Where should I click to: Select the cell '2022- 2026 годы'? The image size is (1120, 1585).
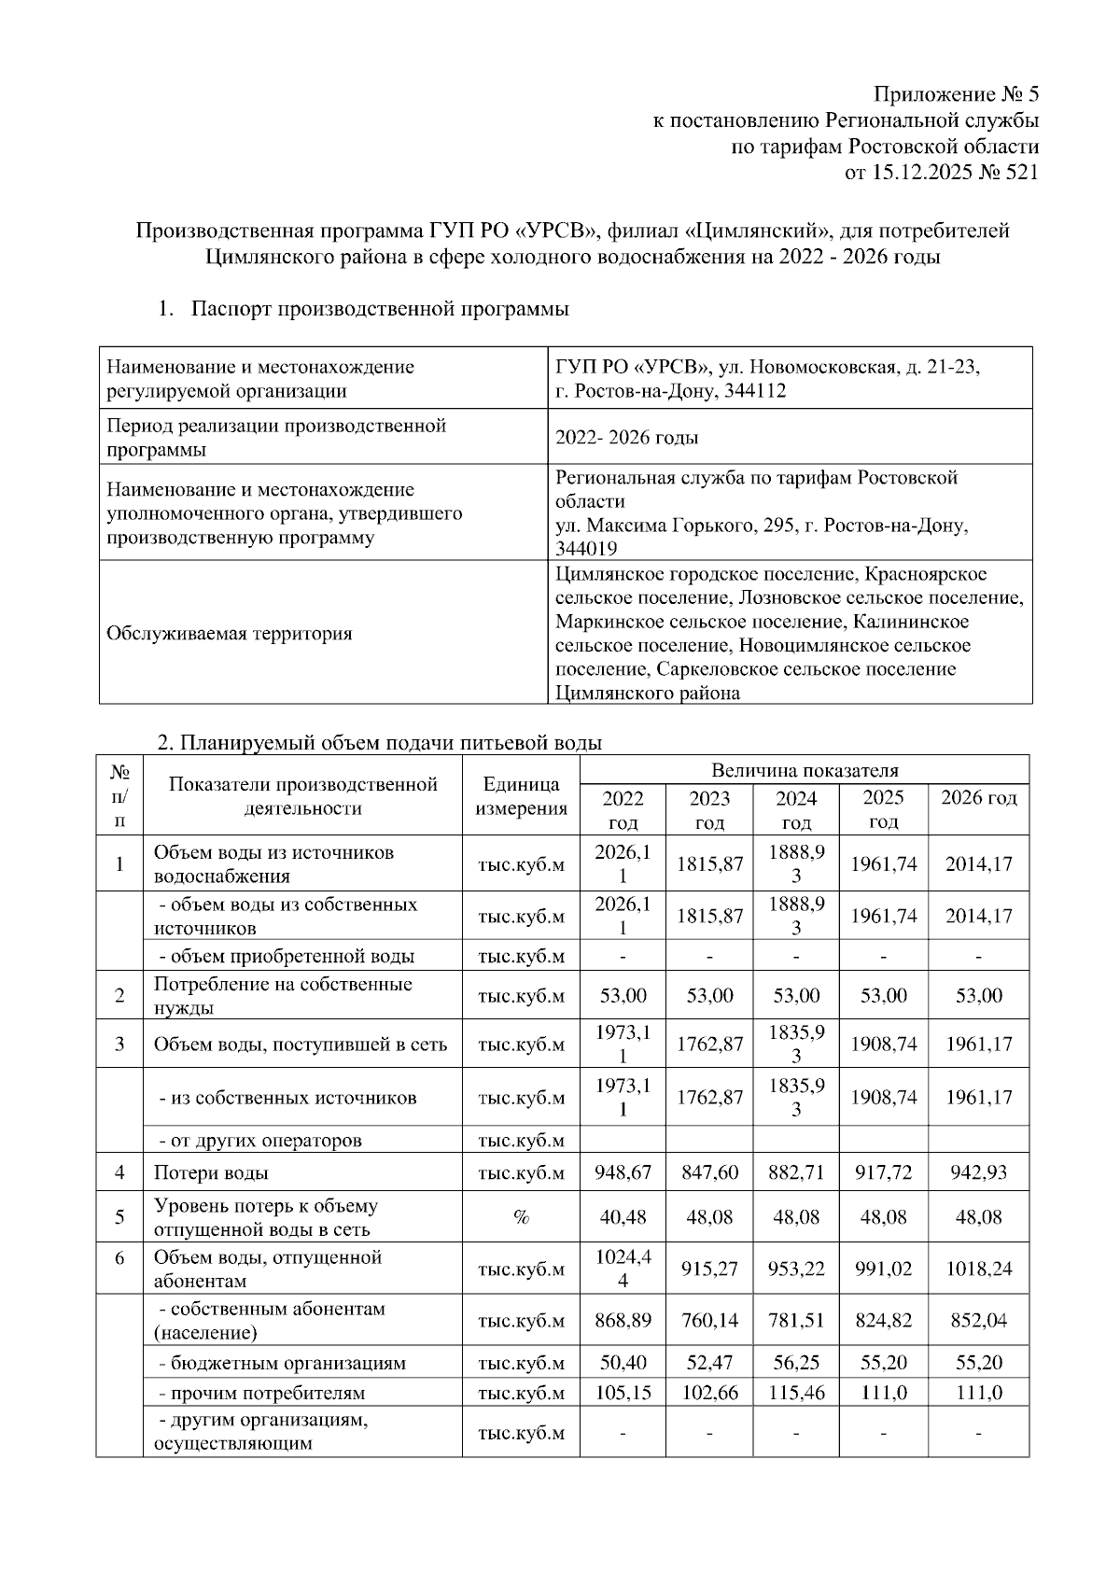[x=626, y=438]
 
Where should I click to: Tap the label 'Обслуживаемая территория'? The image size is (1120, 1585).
[x=230, y=634]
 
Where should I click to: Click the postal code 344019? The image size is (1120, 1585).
[x=586, y=549]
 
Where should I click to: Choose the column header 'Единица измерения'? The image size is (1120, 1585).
[x=521, y=796]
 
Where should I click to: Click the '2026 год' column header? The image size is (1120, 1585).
[x=978, y=798]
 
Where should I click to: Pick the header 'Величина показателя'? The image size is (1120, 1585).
[x=804, y=770]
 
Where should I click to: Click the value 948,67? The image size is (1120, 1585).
[x=623, y=1172]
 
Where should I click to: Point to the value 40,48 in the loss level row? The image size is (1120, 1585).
[x=623, y=1217]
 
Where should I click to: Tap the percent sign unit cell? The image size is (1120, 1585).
[x=521, y=1217]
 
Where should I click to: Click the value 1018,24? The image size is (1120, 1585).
[x=978, y=1269]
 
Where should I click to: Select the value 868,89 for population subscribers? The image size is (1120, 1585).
[x=623, y=1321]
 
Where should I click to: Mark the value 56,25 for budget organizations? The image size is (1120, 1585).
[x=796, y=1362]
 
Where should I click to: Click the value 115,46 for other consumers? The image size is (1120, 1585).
[x=796, y=1393]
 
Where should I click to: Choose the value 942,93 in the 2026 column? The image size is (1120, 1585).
[x=978, y=1172]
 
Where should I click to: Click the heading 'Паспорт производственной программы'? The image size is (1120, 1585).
[x=380, y=309]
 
